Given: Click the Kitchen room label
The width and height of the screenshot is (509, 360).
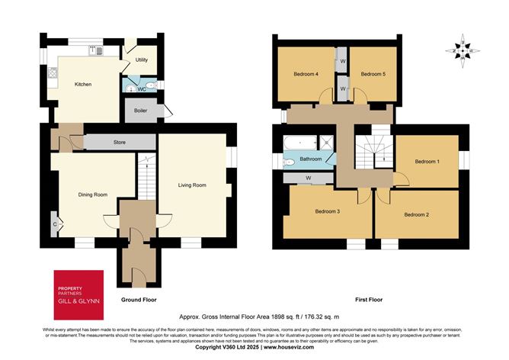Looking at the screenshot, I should click(x=83, y=84).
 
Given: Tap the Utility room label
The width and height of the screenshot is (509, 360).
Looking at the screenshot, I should click(x=142, y=59).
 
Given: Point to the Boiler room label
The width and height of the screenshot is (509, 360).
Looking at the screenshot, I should click(x=141, y=111).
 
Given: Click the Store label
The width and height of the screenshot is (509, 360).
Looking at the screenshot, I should click(x=119, y=142).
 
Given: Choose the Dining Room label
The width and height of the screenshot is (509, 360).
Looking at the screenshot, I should click(x=92, y=194).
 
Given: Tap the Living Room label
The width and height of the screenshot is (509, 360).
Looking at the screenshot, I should click(x=192, y=185).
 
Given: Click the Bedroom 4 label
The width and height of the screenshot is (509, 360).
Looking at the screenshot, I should click(x=306, y=74).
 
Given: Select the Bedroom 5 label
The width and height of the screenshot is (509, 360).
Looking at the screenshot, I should click(x=373, y=74).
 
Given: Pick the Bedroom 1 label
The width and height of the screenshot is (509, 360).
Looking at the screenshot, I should click(x=427, y=162).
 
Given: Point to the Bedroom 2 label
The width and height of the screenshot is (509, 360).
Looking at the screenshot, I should click(x=416, y=215).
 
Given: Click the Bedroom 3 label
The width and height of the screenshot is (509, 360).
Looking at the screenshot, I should click(x=327, y=211).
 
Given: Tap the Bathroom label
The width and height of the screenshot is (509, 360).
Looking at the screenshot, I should click(x=311, y=159).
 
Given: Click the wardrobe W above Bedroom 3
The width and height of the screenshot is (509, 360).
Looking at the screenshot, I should click(x=308, y=178).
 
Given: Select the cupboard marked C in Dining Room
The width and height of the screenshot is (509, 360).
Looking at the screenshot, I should click(x=54, y=224).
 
